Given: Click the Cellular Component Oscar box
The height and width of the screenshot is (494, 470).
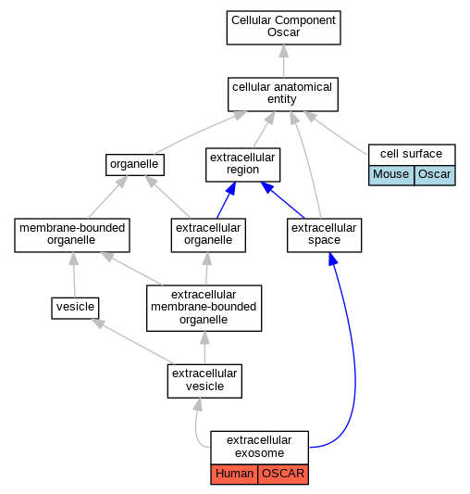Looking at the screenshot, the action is pyautogui.click(x=283, y=28).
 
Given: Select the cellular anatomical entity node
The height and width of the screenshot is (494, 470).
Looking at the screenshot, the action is pyautogui.click(x=283, y=95).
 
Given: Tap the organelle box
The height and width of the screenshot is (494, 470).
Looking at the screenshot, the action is pyautogui.click(x=135, y=165).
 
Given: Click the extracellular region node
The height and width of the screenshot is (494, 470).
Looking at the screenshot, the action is pyautogui.click(x=243, y=165).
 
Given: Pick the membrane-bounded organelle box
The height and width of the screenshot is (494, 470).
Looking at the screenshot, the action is pyautogui.click(x=72, y=235).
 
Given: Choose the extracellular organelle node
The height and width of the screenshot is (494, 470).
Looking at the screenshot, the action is pyautogui.click(x=208, y=235).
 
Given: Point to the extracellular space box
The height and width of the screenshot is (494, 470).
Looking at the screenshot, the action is pyautogui.click(x=325, y=235).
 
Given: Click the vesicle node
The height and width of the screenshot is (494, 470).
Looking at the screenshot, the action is pyautogui.click(x=75, y=308).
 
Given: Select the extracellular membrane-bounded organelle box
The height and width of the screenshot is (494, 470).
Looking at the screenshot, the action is pyautogui.click(x=204, y=308).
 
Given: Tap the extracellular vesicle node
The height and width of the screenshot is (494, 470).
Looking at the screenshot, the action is pyautogui.click(x=204, y=381).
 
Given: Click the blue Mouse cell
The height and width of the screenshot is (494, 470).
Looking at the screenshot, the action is pyautogui.click(x=391, y=175).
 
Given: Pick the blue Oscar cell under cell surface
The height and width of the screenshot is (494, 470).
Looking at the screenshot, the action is pyautogui.click(x=435, y=175).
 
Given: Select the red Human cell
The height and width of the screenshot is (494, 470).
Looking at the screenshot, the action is pyautogui.click(x=234, y=474).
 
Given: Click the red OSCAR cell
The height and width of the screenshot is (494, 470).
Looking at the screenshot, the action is pyautogui.click(x=283, y=474).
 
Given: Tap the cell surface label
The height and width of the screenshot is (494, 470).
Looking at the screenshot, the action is pyautogui.click(x=411, y=154).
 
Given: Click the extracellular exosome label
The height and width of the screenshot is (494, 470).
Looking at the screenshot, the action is pyautogui.click(x=259, y=447).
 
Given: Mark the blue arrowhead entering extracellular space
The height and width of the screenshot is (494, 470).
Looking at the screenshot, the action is pyautogui.click(x=333, y=259).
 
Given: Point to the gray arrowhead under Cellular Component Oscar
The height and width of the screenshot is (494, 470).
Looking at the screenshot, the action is pyautogui.click(x=284, y=51).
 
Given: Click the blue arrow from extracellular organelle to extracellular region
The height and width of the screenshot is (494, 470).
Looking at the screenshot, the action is pyautogui.click(x=226, y=200).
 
